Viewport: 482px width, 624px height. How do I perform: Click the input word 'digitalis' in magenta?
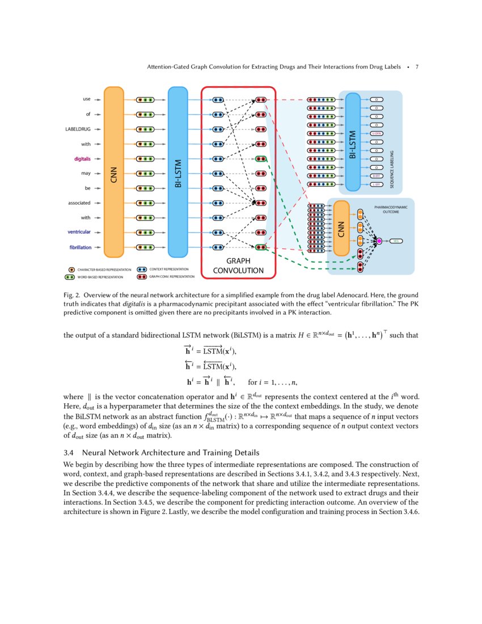click(x=79, y=158)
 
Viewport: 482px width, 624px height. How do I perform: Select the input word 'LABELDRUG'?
click(x=78, y=129)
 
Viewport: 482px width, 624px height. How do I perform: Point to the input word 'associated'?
click(x=79, y=203)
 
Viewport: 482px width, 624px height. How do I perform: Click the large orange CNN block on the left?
click(x=114, y=172)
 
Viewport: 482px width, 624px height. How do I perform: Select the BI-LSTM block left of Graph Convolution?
click(x=177, y=172)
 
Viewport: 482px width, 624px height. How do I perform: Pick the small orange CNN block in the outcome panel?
click(x=341, y=228)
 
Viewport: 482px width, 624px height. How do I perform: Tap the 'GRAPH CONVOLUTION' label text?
click(x=238, y=266)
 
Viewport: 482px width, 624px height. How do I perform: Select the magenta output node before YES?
click(x=379, y=241)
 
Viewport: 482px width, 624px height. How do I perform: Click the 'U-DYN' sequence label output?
click(x=376, y=133)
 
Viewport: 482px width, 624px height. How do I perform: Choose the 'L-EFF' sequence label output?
click(x=376, y=184)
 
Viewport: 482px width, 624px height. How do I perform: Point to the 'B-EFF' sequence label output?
click(x=376, y=176)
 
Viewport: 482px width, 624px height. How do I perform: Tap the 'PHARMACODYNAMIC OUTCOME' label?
click(x=391, y=210)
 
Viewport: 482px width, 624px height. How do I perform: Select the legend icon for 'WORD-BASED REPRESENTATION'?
click(x=71, y=277)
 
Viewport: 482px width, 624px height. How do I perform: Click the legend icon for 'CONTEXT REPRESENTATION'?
click(x=142, y=269)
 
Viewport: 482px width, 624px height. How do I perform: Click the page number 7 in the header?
click(x=417, y=67)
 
